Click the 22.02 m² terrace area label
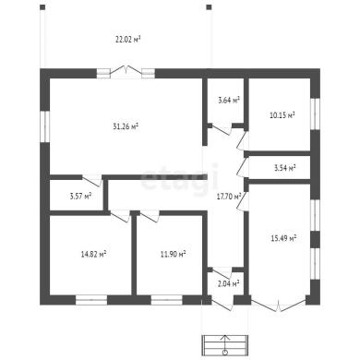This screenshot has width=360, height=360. pyautogui.click(x=128, y=40)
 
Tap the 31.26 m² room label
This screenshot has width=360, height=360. pyautogui.click(x=126, y=126)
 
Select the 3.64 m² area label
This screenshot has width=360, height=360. pyautogui.click(x=229, y=100)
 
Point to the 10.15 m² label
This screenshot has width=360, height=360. pyautogui.click(x=282, y=115)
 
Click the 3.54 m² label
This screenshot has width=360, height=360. pyautogui.click(x=285, y=168)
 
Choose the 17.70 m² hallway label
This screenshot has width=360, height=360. pyautogui.click(x=229, y=196)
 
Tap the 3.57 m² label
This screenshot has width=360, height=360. pyautogui.click(x=81, y=196)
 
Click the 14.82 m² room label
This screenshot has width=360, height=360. pyautogui.click(x=94, y=254)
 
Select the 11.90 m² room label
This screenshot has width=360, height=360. pyautogui.click(x=173, y=254)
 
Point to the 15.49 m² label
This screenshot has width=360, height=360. pyautogui.click(x=283, y=238)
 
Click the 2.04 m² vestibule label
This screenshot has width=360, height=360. pyautogui.click(x=229, y=283)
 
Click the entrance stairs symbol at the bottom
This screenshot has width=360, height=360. pyautogui.click(x=225, y=346)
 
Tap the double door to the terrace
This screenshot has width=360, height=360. pyautogui.click(x=126, y=70)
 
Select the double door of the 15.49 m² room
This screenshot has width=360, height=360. pyautogui.click(x=279, y=304)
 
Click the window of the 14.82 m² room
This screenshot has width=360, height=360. pyautogui.click(x=91, y=300)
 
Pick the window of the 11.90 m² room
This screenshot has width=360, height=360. pyautogui.click(x=167, y=300)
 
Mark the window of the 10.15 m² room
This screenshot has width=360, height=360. pyautogui.click(x=315, y=114)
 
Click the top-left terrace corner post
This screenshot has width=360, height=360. pyautogui.click(x=42, y=7)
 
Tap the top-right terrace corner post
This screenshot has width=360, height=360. pyautogui.click(x=209, y=7)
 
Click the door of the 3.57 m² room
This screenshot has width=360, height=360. pyautogui.click(x=92, y=180)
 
